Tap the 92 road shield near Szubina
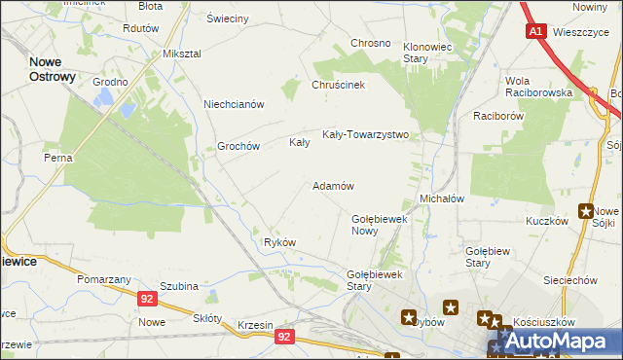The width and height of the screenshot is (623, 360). pos(146,300)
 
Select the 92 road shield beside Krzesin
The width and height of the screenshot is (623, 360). pos(283,336)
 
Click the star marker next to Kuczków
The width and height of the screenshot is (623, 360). pos(586,210)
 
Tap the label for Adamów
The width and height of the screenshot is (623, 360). pos(332,185)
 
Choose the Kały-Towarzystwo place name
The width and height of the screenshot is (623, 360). pos(365,135)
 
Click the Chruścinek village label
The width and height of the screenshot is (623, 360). pos(338,85)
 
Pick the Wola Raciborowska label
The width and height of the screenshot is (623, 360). pos(534,86)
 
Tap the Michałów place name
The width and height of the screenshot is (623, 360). pos(441,198)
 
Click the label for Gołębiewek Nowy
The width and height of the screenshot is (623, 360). pos(379,225)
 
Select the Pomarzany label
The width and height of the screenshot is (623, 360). pos(104,279)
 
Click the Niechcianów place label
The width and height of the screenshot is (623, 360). pos(234,104)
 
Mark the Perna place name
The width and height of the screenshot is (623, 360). pos(58,157)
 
